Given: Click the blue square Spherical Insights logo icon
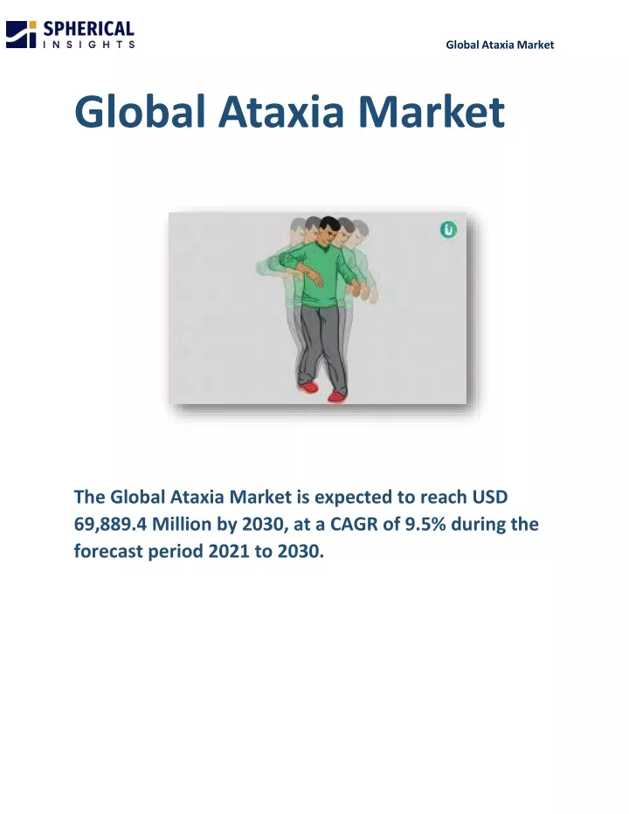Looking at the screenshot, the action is (x=21, y=34).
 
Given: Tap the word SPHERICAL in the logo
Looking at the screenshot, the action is (x=89, y=29).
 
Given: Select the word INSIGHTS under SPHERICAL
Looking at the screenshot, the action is (x=89, y=45).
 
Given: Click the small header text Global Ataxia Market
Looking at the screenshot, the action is (x=500, y=45).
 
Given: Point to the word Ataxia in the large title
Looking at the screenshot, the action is (x=281, y=112).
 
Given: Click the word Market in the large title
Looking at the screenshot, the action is (x=432, y=112).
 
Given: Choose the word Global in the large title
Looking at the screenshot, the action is (x=140, y=112).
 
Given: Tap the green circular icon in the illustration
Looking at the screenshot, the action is (x=448, y=229).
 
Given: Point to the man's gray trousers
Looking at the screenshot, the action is (x=321, y=348).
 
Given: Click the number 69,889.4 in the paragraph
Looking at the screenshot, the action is (x=110, y=525).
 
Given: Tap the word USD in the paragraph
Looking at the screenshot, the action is (x=489, y=497).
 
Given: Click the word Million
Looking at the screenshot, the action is (x=182, y=525).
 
